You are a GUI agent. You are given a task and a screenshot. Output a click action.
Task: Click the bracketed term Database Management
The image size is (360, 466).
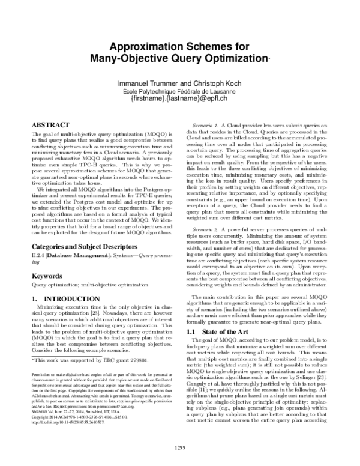(x=77, y=256)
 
